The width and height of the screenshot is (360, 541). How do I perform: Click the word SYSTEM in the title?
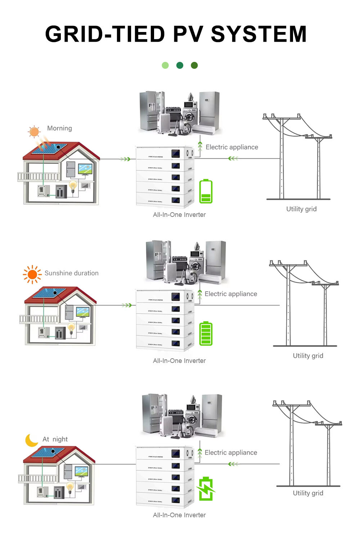(x=258, y=34)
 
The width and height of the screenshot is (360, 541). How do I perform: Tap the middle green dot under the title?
(x=180, y=65)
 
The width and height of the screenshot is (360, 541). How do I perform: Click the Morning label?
(x=59, y=128)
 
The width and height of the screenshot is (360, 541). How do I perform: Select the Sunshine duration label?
(x=71, y=273)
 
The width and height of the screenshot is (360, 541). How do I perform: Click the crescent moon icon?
(x=31, y=440)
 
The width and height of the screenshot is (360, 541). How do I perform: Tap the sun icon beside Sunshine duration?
(x=32, y=274)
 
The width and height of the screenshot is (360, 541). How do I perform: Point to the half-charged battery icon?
(x=206, y=191)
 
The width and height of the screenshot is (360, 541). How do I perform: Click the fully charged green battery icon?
(x=206, y=333)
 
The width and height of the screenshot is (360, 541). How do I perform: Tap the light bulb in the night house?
(x=70, y=487)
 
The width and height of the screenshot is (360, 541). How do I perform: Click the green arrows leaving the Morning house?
(x=125, y=159)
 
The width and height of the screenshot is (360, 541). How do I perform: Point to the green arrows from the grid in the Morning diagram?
(x=233, y=158)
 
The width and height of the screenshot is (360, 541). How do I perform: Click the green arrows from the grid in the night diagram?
(x=233, y=464)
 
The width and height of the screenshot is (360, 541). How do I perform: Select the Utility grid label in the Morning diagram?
(x=301, y=209)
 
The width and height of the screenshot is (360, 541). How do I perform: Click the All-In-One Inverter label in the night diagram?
(x=179, y=515)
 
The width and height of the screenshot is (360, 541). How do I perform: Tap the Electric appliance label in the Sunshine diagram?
(x=231, y=294)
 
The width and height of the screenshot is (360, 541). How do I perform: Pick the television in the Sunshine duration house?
(x=82, y=312)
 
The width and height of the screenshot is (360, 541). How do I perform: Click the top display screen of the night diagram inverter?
(x=176, y=453)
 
